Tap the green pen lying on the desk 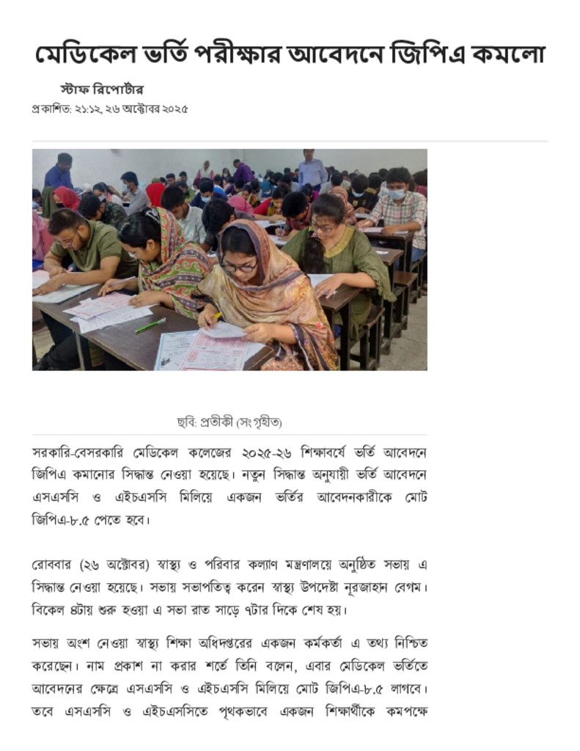[150, 325]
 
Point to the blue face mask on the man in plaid [397, 195]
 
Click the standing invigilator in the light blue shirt [312, 169]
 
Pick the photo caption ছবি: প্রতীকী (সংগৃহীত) [230, 422]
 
